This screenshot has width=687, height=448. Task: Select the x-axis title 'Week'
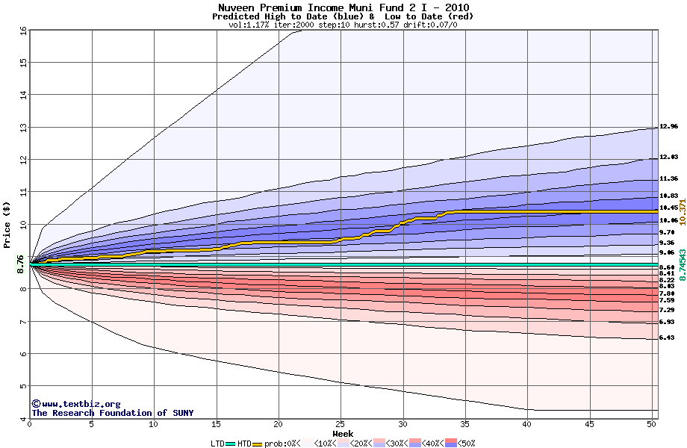pyautogui.click(x=343, y=433)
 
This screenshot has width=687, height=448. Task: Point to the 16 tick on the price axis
pyautogui.click(x=22, y=31)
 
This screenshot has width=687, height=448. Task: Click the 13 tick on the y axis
pyautogui.click(x=22, y=128)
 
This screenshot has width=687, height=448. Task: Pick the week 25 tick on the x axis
pyautogui.click(x=341, y=424)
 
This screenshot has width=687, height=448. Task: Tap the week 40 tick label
pyautogui.click(x=527, y=424)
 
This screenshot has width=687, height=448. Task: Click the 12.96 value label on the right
pyautogui.click(x=668, y=127)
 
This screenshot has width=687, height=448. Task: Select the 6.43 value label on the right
pyautogui.click(x=667, y=338)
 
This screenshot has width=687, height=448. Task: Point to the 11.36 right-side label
pyautogui.click(x=668, y=179)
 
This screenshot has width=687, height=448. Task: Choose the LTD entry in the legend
pyautogui.click(x=218, y=444)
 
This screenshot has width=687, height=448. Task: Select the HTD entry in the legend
pyautogui.click(x=244, y=444)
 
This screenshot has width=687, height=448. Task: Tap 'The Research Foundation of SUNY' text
pyautogui.click(x=112, y=413)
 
